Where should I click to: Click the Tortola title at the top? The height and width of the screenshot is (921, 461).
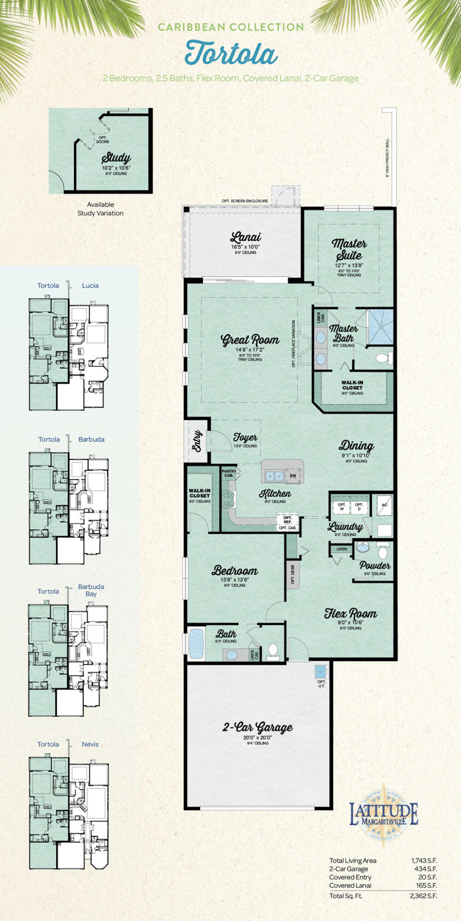pyautogui.click(x=231, y=53)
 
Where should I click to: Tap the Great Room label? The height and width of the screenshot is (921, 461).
pyautogui.click(x=250, y=340)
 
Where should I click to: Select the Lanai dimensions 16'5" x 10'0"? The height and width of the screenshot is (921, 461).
pyautogui.click(x=245, y=247)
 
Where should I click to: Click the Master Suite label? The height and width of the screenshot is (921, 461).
pyautogui.click(x=349, y=249)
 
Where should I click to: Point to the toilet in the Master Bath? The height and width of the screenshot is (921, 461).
pyautogui.click(x=382, y=358)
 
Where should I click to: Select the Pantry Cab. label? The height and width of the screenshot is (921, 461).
pyautogui.click(x=229, y=473)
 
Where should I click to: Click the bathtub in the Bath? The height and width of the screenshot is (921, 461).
pyautogui.click(x=196, y=644)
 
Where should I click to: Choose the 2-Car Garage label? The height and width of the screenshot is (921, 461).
pyautogui.click(x=258, y=728)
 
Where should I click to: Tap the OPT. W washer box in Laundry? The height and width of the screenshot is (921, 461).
pyautogui.click(x=342, y=506)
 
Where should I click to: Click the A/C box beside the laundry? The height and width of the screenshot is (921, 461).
pyautogui.click(x=384, y=505)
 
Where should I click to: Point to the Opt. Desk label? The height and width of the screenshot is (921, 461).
pyautogui.click(x=293, y=574)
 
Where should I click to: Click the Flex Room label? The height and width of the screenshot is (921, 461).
pyautogui.click(x=350, y=613)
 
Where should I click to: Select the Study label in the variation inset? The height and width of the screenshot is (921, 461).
pyautogui.click(x=116, y=158)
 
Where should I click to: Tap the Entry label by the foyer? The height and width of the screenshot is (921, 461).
pyautogui.click(x=196, y=441)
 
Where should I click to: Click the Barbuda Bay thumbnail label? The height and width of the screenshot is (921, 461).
pyautogui.click(x=91, y=590)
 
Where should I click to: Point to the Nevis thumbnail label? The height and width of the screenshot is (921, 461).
pyautogui.click(x=90, y=744)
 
